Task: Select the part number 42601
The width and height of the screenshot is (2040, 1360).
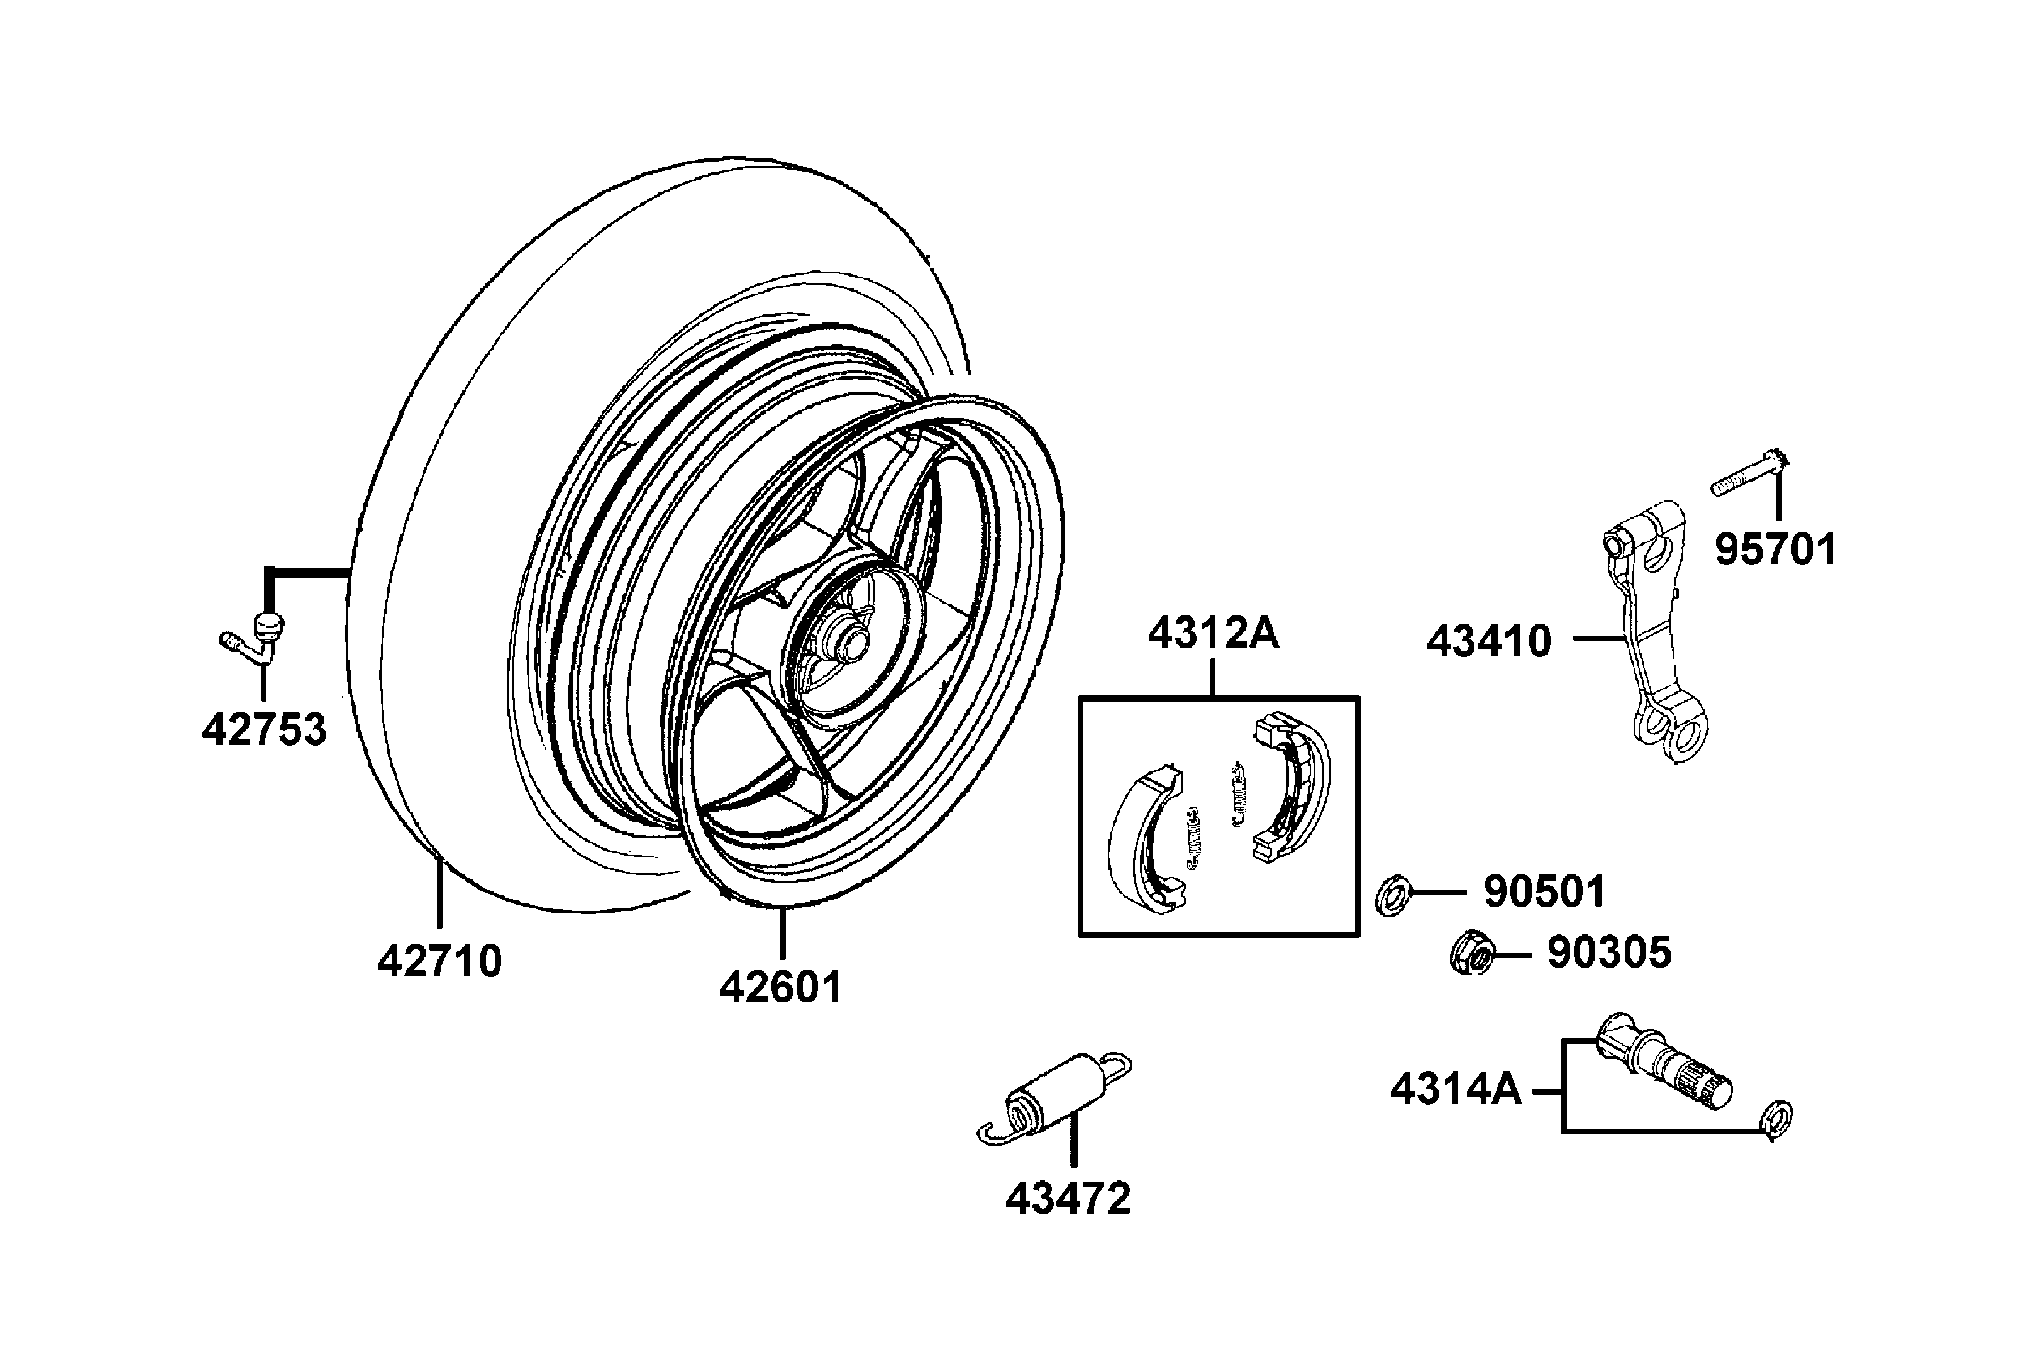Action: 781,987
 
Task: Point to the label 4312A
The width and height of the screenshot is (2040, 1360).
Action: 1213,634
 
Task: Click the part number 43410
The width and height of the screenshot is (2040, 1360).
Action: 1489,642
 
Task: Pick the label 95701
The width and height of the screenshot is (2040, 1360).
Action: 1775,550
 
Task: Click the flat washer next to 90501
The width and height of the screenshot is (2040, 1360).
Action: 1392,896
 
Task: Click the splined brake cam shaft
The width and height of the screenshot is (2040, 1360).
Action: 1665,1064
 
